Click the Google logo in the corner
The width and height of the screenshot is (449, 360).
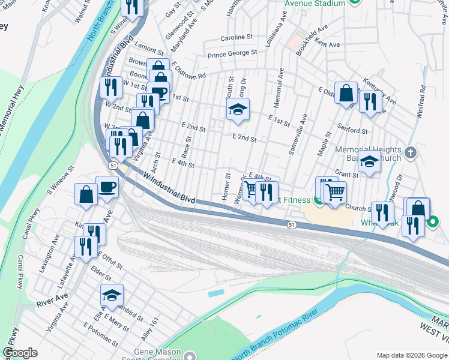point(20,353)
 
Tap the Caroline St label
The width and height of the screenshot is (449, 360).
point(237,37)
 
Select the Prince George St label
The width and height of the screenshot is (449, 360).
point(232,53)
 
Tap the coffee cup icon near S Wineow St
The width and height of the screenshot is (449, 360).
point(107,187)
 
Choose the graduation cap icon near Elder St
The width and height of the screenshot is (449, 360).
point(112,295)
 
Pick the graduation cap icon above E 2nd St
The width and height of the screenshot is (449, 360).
point(238,109)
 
